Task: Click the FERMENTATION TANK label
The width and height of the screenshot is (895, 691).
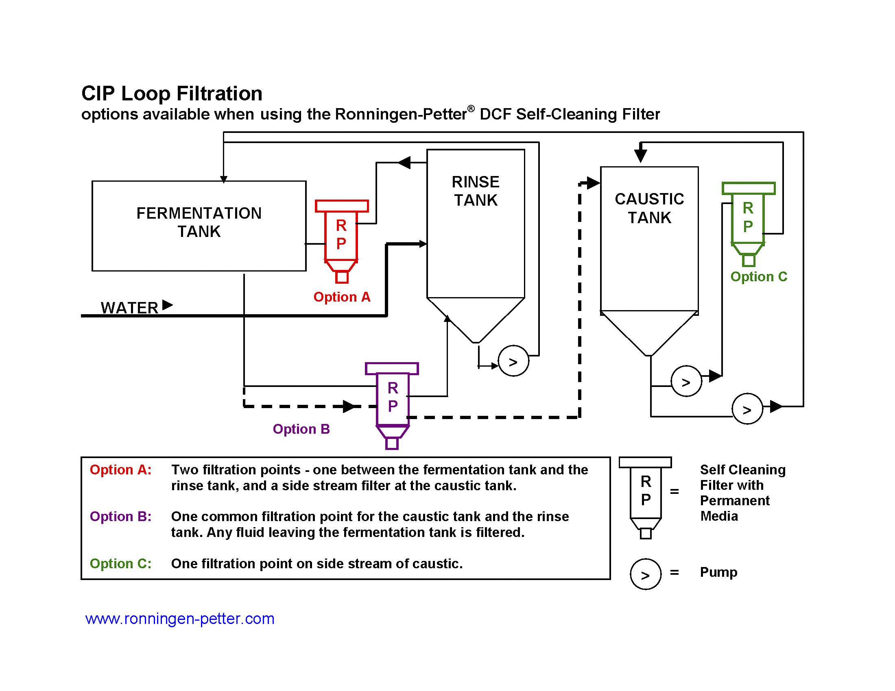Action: click(x=199, y=222)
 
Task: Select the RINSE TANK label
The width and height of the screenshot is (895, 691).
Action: click(x=475, y=191)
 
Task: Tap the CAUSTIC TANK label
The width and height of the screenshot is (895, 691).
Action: click(x=649, y=208)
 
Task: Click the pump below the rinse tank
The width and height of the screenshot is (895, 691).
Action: click(x=513, y=361)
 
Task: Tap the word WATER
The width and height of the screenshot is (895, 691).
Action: click(x=129, y=308)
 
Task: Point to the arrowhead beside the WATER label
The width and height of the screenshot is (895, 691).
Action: click(x=167, y=305)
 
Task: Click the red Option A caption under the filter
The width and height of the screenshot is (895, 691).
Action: click(x=342, y=297)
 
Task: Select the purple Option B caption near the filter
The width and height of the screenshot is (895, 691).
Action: click(x=301, y=428)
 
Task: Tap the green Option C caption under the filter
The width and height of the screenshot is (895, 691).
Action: click(x=759, y=277)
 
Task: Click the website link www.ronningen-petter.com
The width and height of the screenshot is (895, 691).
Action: click(x=179, y=618)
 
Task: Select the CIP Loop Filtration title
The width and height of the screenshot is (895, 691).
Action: click(x=172, y=93)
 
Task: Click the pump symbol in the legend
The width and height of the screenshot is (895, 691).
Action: click(x=646, y=574)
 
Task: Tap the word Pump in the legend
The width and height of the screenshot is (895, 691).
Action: click(x=718, y=572)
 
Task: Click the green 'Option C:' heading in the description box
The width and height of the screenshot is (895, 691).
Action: click(x=120, y=563)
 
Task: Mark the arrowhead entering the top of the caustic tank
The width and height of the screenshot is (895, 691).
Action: click(x=640, y=156)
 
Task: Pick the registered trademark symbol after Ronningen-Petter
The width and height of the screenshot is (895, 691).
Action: click(x=471, y=109)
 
